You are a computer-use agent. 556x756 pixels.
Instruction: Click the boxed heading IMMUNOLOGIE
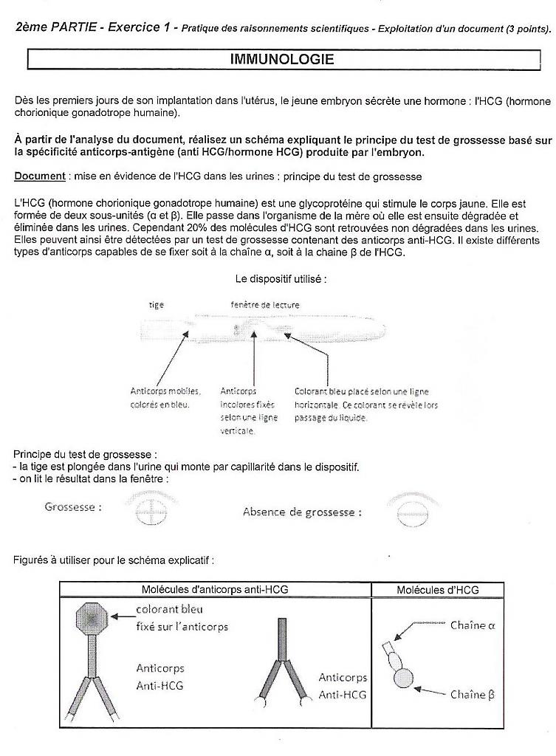coord(282,59)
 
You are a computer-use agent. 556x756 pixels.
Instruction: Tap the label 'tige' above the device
coord(157,305)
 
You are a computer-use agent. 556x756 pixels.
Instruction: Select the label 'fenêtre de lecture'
coord(265,305)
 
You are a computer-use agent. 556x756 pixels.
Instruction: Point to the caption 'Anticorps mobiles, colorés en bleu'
coord(165,398)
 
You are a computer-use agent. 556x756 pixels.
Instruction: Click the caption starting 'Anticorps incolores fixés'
coord(238,411)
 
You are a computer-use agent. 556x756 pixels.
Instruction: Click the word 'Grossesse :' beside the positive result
coord(73,507)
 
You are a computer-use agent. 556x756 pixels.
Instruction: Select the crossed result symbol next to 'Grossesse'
coord(151,509)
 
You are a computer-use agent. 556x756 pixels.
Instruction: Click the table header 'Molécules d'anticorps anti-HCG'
coord(215,589)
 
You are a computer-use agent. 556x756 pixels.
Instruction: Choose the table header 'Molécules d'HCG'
coord(437,589)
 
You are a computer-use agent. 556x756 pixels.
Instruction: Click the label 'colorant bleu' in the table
coord(169,610)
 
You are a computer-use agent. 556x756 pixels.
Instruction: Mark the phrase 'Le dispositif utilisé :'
coord(281,279)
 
